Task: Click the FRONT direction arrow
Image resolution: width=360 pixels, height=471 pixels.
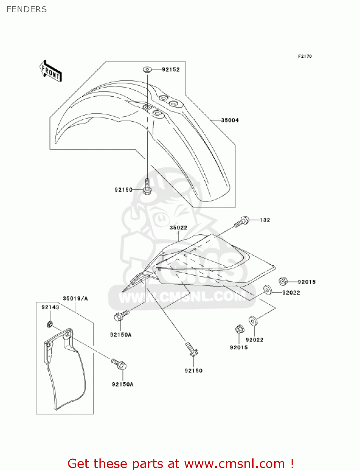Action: point(51,71)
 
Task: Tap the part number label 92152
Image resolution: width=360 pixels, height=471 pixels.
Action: point(171,69)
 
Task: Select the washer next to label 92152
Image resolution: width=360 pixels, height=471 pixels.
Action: point(147,69)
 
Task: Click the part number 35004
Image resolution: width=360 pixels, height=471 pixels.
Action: point(230,120)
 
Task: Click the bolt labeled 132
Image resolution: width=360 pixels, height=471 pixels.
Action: point(242,221)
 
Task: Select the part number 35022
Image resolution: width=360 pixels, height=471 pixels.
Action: point(178,228)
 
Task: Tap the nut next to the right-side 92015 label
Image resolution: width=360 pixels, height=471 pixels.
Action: point(283,281)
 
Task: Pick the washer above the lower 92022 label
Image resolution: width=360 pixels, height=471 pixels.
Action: point(253,321)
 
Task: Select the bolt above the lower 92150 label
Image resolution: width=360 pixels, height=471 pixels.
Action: point(191,349)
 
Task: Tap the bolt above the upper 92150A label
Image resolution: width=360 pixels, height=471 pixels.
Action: point(121,315)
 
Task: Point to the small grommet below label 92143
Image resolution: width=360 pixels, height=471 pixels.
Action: point(50,324)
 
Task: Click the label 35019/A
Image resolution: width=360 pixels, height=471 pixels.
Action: point(75,298)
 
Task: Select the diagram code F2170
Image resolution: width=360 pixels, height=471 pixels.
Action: point(305,56)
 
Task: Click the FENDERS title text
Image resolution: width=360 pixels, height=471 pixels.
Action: point(27,9)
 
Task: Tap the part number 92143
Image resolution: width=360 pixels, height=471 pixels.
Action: point(50,307)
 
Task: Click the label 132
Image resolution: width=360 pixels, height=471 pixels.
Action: point(265,220)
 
